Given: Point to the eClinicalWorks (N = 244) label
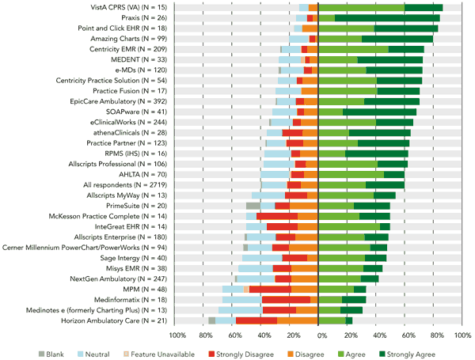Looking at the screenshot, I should point(123,122).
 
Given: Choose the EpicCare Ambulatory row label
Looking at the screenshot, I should point(122,101).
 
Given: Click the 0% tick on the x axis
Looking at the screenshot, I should point(318,335).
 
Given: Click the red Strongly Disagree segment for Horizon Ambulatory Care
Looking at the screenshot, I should point(256,320).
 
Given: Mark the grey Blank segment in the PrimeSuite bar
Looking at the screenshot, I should point(253,206).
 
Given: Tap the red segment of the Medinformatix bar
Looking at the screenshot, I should point(286,299).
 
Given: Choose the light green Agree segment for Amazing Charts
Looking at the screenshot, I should point(340,38).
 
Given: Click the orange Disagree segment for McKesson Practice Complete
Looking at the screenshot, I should point(308,216).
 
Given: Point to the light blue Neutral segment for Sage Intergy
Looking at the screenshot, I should point(262,257).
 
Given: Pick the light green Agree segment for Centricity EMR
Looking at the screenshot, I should point(353,49).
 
